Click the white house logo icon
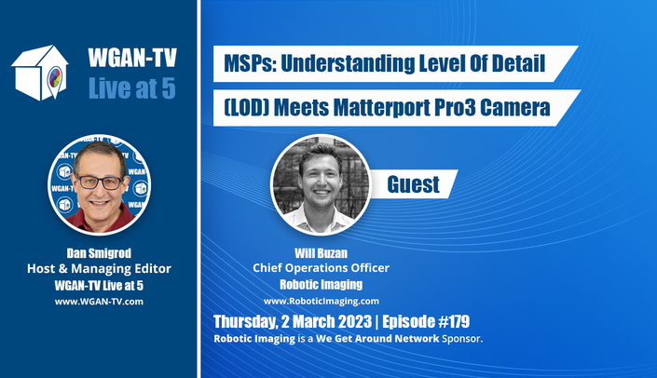pos(40,73)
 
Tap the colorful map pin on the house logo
pos(55,79)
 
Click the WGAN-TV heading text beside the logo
pos(132,58)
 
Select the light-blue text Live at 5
pos(132,88)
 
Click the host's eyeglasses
pos(99,182)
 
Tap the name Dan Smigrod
pos(99,253)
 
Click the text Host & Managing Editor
pos(100,269)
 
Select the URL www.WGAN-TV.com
pos(99,302)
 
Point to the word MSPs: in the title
pos(250,63)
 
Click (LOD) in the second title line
pos(246,108)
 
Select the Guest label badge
pos(414,184)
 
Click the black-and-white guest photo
pos(321,184)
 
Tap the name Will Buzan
pos(321,253)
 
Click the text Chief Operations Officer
pos(321,268)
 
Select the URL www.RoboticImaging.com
pos(322,301)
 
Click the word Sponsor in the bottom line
pos(461,339)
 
